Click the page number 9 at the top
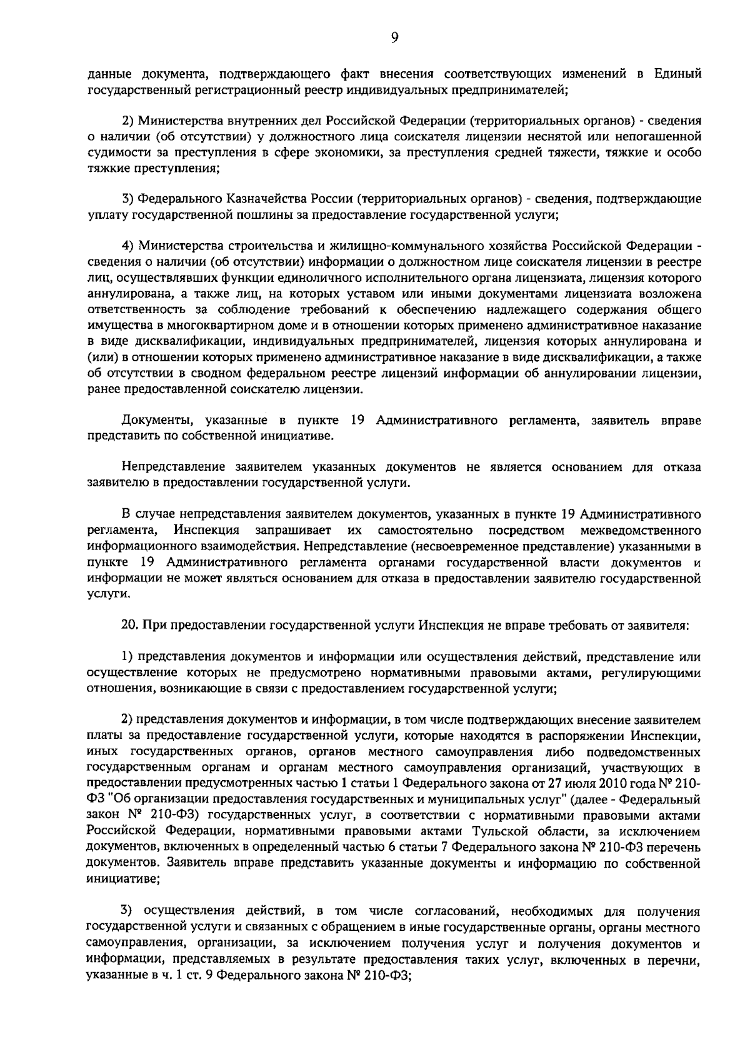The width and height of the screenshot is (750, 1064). point(394,38)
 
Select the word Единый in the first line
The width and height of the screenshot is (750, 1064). point(677,75)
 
